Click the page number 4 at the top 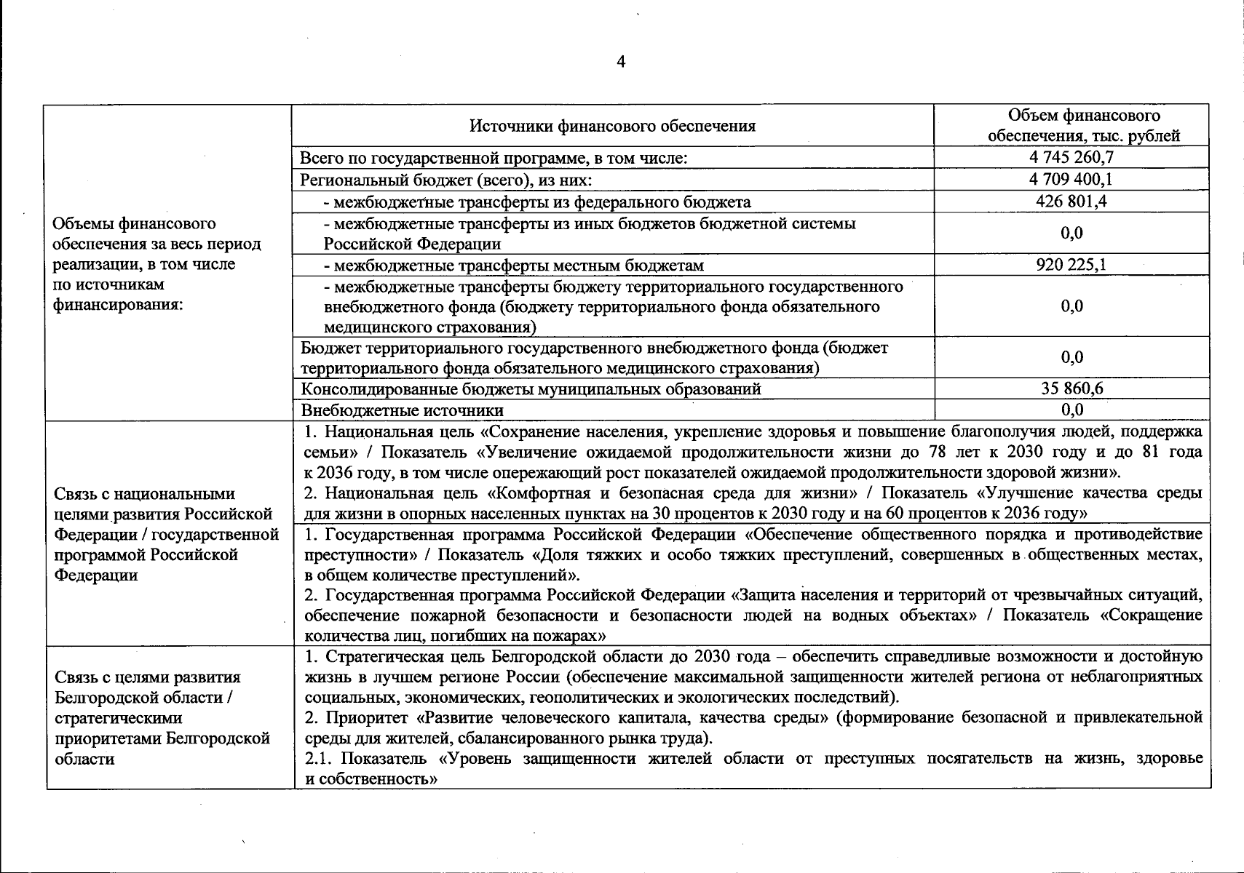[x=620, y=63]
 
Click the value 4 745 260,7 [x=1071, y=157]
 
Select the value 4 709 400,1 [x=1071, y=179]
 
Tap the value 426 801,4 [x=1071, y=201]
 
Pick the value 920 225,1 [x=1071, y=265]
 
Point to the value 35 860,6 [x=1071, y=388]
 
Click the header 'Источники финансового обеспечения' [x=612, y=126]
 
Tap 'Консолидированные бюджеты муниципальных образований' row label [x=531, y=388]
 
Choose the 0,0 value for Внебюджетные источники [x=1071, y=410]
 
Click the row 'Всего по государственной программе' [x=494, y=158]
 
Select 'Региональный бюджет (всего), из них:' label [x=446, y=180]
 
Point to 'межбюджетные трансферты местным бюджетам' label [x=513, y=266]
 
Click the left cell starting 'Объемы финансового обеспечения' [x=157, y=263]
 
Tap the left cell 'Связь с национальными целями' [x=166, y=534]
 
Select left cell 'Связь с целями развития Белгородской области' [x=162, y=717]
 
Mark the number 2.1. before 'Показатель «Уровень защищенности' [x=317, y=759]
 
